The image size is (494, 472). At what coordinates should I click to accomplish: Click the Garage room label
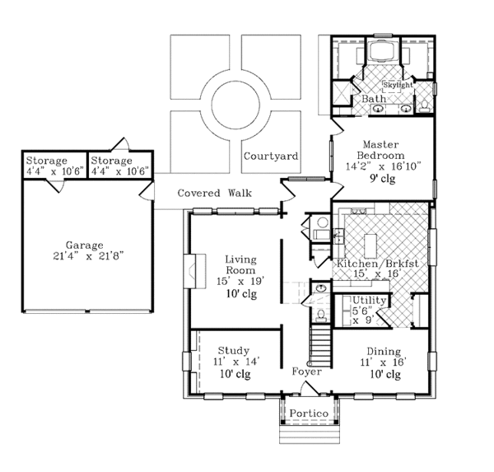(x=85, y=245)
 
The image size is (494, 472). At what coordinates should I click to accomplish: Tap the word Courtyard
(x=271, y=157)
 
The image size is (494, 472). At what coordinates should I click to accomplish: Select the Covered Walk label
(x=215, y=193)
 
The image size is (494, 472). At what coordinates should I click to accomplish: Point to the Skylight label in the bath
(x=398, y=85)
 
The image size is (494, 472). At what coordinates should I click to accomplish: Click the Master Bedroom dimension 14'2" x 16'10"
(x=384, y=166)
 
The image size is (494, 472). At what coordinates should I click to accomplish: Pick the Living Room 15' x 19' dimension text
(x=240, y=281)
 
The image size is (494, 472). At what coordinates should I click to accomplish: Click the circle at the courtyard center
(x=235, y=105)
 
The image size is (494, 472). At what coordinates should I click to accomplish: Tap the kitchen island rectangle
(x=370, y=245)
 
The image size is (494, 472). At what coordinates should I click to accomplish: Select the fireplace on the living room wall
(x=195, y=271)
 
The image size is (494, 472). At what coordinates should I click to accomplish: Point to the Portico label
(x=309, y=414)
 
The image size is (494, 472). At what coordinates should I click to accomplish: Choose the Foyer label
(x=306, y=372)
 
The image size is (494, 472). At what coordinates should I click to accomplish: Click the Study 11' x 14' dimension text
(x=236, y=362)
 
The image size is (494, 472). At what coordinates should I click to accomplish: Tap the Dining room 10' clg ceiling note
(x=385, y=375)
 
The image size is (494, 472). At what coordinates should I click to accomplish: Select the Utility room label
(x=369, y=300)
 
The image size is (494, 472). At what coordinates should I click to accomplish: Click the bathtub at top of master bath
(x=381, y=50)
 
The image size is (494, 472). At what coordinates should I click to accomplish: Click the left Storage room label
(x=47, y=161)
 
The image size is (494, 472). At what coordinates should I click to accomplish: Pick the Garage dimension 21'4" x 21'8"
(x=88, y=256)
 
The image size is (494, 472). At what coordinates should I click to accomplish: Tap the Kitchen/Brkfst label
(x=378, y=264)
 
